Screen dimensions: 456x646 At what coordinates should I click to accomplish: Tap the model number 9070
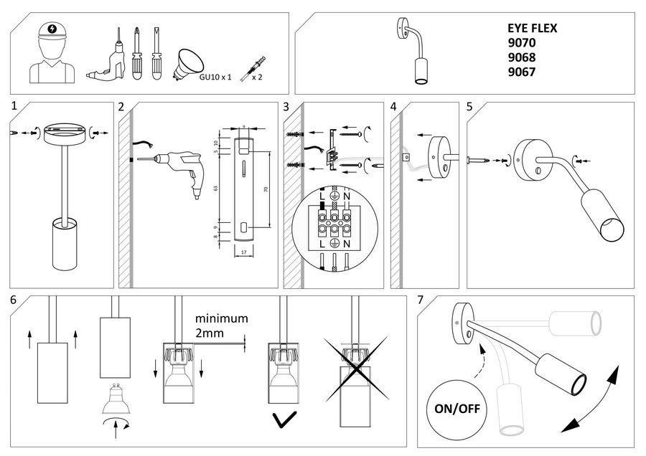click(522, 43)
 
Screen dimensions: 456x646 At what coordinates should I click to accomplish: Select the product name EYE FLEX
click(532, 29)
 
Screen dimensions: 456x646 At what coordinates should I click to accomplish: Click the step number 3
click(286, 107)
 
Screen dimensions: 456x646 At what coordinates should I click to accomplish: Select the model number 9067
click(522, 72)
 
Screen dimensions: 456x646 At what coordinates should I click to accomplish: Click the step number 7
click(421, 300)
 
